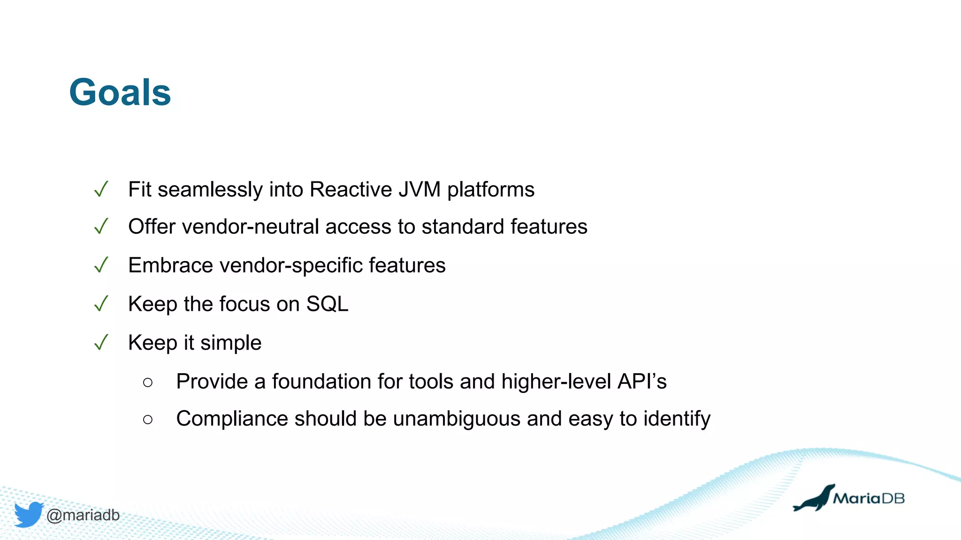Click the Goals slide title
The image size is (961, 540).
pyautogui.click(x=120, y=92)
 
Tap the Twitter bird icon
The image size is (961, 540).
pyautogui.click(x=29, y=514)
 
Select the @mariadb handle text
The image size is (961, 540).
pyautogui.click(x=83, y=515)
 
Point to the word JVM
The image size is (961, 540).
pyautogui.click(x=419, y=190)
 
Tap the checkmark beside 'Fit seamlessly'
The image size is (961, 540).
pyautogui.click(x=101, y=189)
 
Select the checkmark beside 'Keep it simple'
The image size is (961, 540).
pyautogui.click(x=101, y=343)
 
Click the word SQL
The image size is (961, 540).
pyautogui.click(x=327, y=304)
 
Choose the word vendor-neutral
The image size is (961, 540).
pyautogui.click(x=251, y=227)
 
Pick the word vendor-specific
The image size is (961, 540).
pyautogui.click(x=291, y=266)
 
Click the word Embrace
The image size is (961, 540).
pyautogui.click(x=171, y=266)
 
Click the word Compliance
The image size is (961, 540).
pyautogui.click(x=232, y=419)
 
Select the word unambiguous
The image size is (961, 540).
pyautogui.click(x=457, y=419)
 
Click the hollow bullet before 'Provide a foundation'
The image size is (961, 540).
pyautogui.click(x=148, y=382)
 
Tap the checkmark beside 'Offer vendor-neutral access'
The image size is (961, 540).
pyautogui.click(x=101, y=227)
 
